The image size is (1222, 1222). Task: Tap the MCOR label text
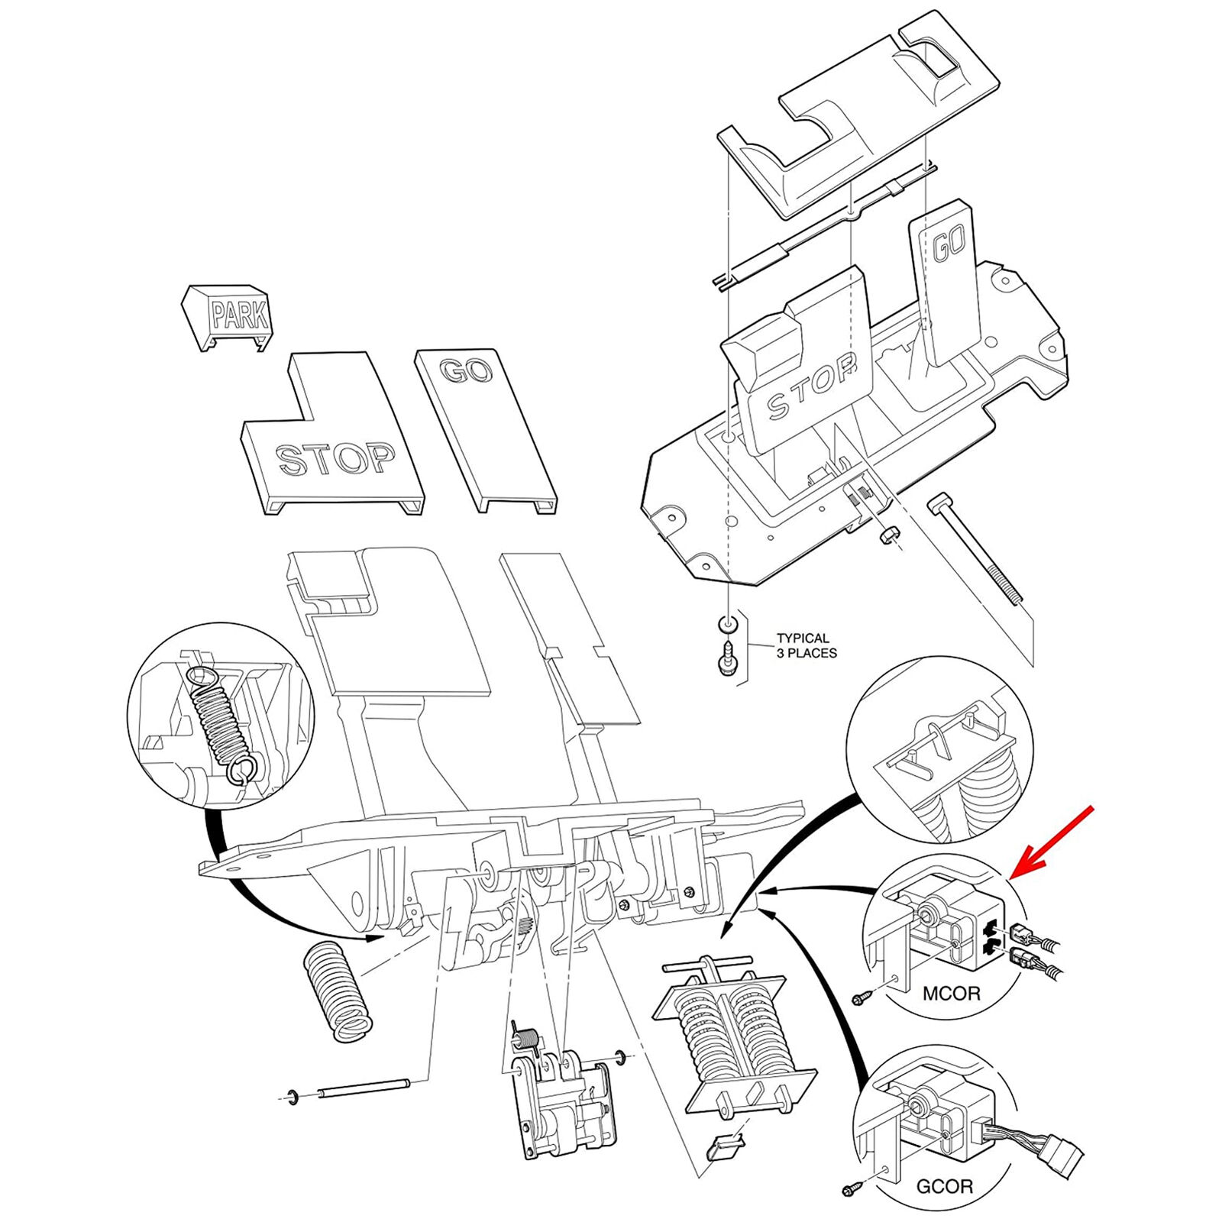point(951,994)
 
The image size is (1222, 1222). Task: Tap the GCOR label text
point(945,1186)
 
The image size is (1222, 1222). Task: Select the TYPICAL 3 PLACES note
point(806,645)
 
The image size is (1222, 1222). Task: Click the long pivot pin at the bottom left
point(365,1088)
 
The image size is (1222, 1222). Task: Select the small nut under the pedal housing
point(887,535)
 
